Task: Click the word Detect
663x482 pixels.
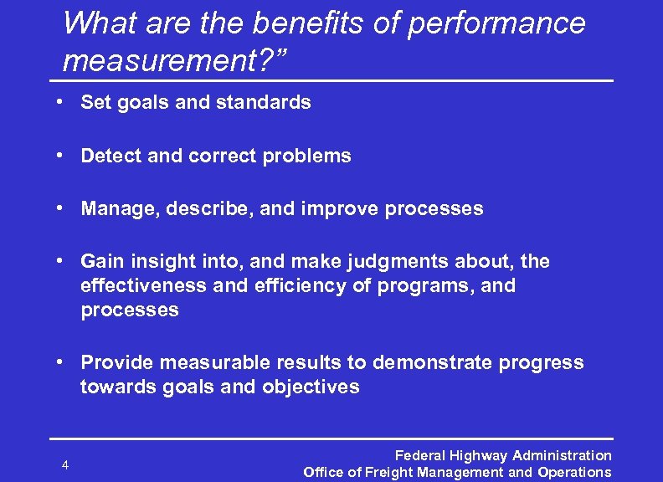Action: [x=111, y=156]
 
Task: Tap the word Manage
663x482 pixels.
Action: [x=116, y=209]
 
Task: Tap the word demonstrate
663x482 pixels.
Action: [x=427, y=362]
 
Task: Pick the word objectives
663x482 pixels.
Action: [x=311, y=387]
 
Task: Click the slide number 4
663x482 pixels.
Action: [x=65, y=465]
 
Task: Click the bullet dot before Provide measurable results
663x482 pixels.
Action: [x=61, y=361]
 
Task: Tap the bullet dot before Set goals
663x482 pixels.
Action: [x=61, y=102]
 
